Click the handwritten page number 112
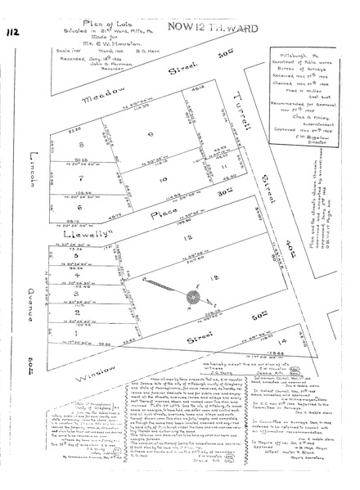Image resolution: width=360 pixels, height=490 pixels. click(13, 31)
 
